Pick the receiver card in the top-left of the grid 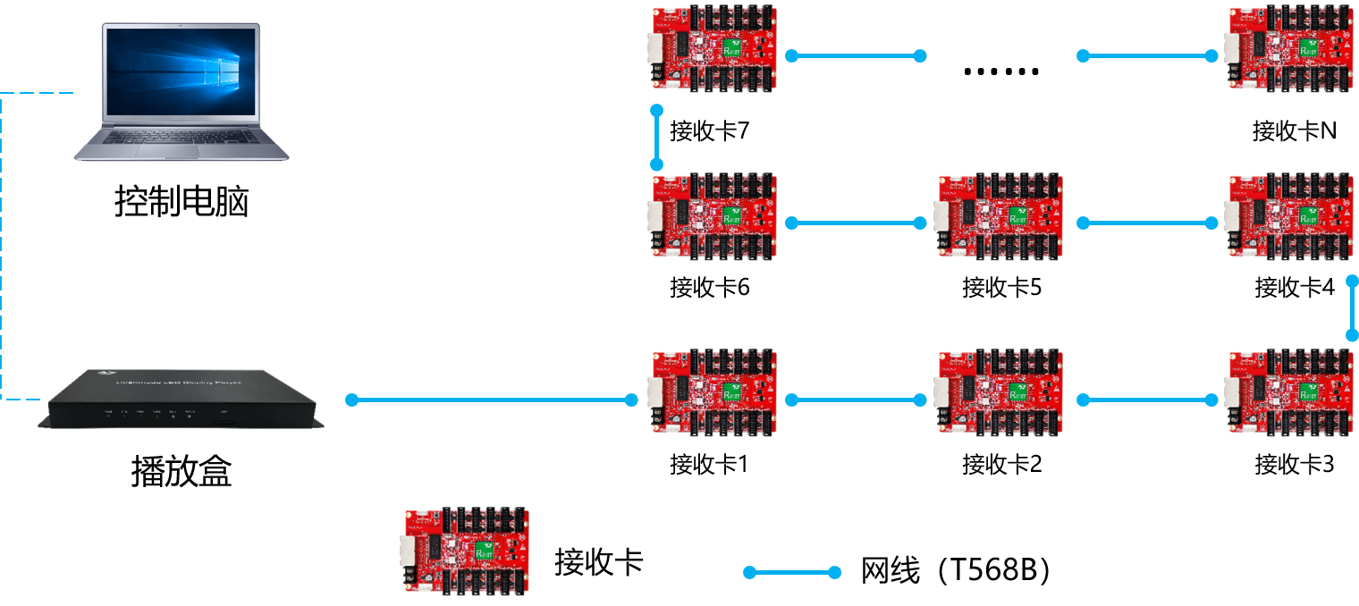click(714, 49)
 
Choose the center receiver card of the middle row click(1001, 215)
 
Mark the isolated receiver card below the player click(466, 551)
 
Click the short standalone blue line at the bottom click(792, 572)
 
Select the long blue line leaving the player click(492, 400)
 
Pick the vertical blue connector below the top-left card click(657, 138)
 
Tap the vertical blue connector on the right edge click(1352, 308)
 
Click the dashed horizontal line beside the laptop click(37, 93)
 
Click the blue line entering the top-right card click(1147, 55)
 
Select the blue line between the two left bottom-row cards click(856, 400)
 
